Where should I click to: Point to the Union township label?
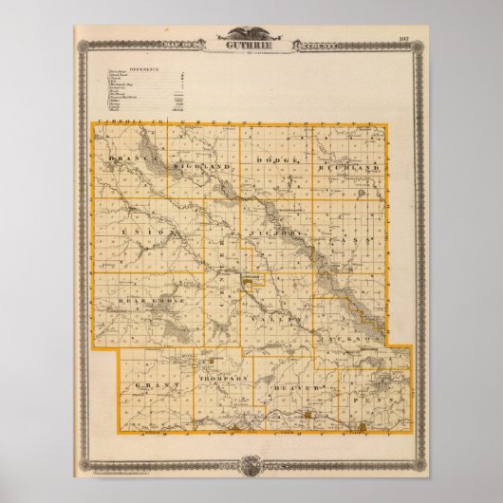pyautogui.click(x=135, y=232)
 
